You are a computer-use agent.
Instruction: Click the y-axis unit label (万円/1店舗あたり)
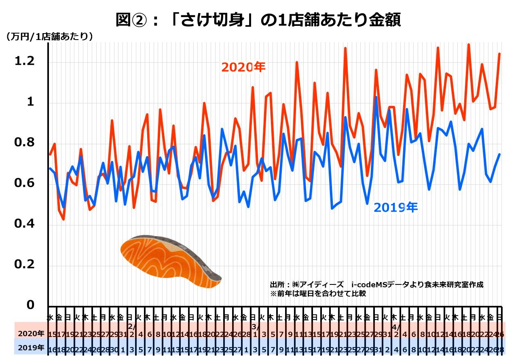pyautogui.click(x=49, y=36)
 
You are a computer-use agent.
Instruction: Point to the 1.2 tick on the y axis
pyautogui.click(x=25, y=61)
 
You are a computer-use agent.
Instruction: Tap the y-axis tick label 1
pyautogui.click(x=30, y=102)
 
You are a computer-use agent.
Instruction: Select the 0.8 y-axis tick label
pyautogui.click(x=25, y=143)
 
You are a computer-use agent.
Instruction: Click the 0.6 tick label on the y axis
pyautogui.click(x=25, y=183)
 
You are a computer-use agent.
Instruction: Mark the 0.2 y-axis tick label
pyautogui.click(x=25, y=265)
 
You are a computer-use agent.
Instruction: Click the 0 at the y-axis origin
pyautogui.click(x=30, y=305)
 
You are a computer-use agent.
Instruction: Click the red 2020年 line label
pyautogui.click(x=243, y=67)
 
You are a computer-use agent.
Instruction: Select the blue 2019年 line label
pyautogui.click(x=395, y=207)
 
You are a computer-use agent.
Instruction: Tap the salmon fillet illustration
pyautogui.click(x=170, y=261)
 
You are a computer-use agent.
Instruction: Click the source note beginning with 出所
pyautogui.click(x=376, y=284)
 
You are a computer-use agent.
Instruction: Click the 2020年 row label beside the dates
pyautogui.click(x=31, y=334)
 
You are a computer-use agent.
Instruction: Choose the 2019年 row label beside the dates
pyautogui.click(x=31, y=347)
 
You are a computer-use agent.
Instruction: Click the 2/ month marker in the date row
pyautogui.click(x=131, y=326)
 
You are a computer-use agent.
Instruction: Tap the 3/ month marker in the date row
pyautogui.click(x=254, y=326)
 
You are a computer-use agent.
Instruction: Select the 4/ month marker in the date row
pyautogui.click(x=395, y=326)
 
